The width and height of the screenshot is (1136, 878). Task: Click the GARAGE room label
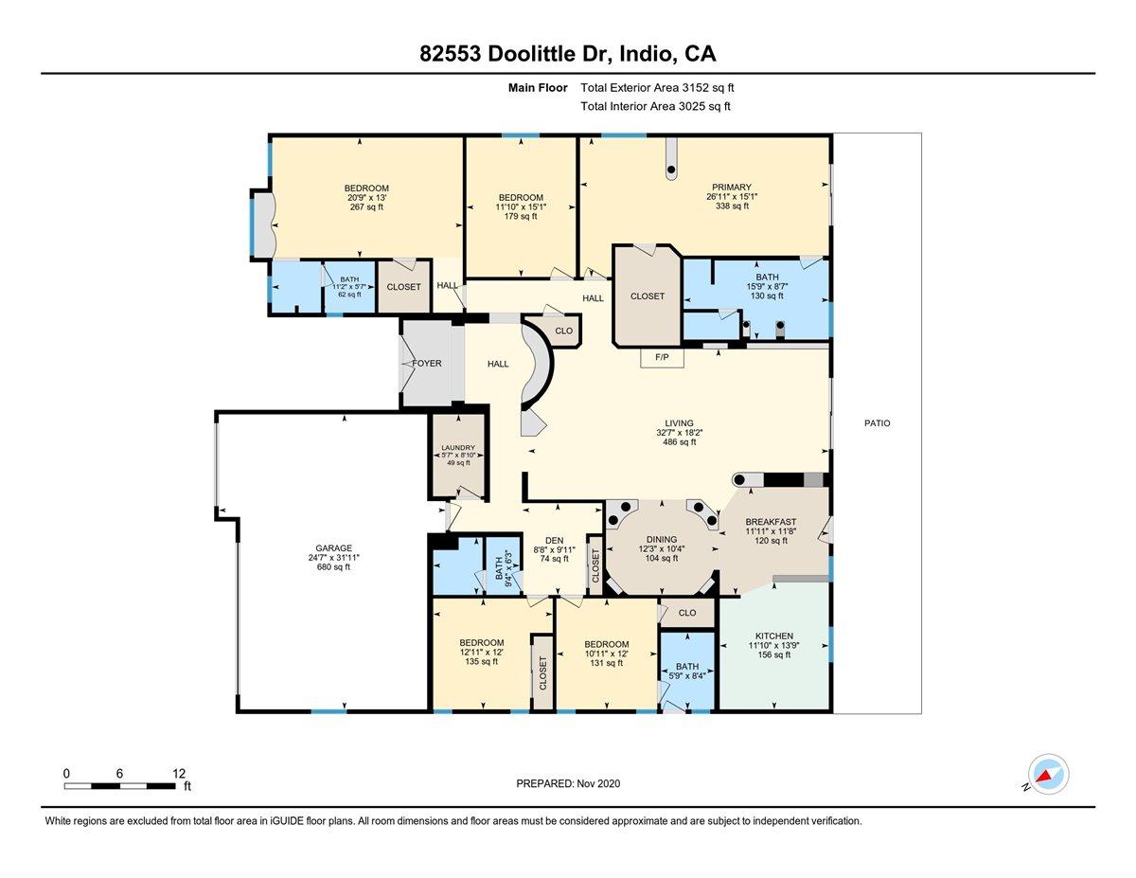[334, 547]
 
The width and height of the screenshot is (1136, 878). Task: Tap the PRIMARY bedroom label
[731, 187]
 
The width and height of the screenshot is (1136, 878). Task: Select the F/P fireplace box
[662, 357]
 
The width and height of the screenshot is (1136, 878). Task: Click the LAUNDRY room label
[458, 448]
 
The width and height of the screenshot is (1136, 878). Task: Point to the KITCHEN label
[773, 636]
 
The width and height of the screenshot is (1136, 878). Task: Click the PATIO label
[877, 423]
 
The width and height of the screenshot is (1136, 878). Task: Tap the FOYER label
[426, 363]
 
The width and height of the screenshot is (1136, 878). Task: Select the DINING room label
[662, 539]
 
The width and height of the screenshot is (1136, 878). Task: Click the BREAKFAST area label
[771, 522]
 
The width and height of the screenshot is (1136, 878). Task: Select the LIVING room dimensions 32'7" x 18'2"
[679, 433]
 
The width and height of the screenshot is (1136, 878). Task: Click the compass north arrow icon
[1048, 775]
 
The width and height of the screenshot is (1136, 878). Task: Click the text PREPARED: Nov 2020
[568, 783]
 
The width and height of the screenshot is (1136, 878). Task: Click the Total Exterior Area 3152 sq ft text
[657, 87]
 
